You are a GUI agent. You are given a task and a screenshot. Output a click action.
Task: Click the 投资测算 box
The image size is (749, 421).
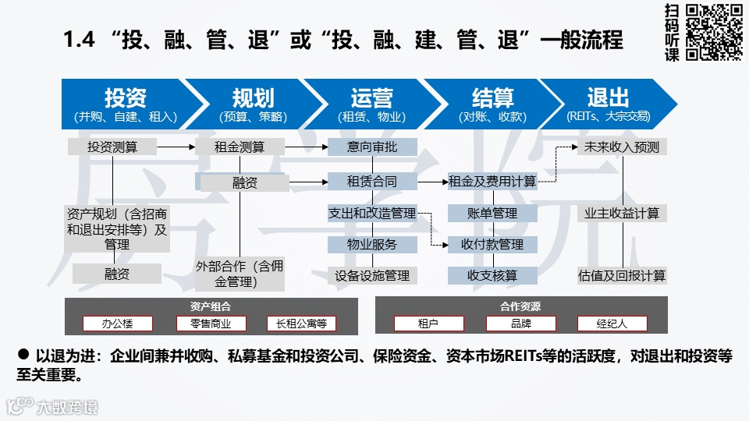[x=112, y=147]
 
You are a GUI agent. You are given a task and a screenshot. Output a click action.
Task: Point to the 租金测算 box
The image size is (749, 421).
[x=240, y=147]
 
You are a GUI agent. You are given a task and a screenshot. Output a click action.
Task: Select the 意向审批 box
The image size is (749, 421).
[x=372, y=147]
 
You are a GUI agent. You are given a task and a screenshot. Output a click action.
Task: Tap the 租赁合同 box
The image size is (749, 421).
[x=372, y=182]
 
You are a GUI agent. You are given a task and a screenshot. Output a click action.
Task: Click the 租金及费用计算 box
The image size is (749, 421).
[x=492, y=182]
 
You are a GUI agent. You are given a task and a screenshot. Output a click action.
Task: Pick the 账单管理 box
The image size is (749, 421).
[x=492, y=213]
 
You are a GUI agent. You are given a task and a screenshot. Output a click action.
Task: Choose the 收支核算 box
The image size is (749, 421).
[x=492, y=275]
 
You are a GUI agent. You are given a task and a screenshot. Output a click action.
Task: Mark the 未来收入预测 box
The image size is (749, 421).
[x=622, y=147]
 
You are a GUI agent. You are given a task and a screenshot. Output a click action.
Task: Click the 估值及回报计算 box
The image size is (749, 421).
[x=622, y=275]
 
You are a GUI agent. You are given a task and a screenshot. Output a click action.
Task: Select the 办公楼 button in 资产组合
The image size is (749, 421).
[x=118, y=323]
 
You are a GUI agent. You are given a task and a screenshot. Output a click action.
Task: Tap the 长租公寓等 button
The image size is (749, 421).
[x=301, y=323]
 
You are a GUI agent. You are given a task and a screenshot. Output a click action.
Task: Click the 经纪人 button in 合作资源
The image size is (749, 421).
[x=612, y=323]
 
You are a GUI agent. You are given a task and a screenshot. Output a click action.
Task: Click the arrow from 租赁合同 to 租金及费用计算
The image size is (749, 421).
[x=433, y=182]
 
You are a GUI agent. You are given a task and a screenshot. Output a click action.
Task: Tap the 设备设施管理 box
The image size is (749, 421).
[x=372, y=275]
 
